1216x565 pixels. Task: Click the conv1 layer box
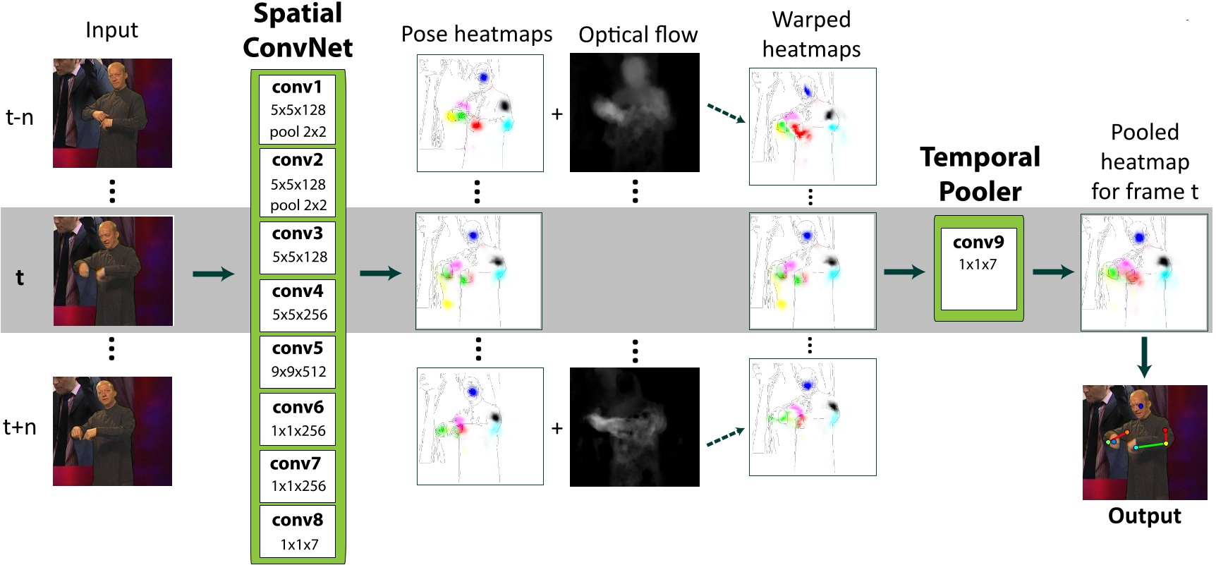(298, 109)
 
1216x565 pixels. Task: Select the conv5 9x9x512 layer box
(298, 360)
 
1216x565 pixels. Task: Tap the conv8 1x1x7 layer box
(298, 532)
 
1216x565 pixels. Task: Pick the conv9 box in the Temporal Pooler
(978, 268)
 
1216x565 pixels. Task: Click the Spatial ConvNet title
(298, 31)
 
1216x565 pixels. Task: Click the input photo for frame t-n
(112, 113)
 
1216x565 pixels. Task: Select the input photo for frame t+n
(112, 431)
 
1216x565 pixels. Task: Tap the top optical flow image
(634, 112)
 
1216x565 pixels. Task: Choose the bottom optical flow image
(634, 427)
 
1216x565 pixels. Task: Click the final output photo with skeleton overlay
(1144, 442)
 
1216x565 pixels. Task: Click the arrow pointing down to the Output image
(1144, 357)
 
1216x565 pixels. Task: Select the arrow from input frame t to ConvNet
(213, 274)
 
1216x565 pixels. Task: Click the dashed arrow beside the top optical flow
(726, 114)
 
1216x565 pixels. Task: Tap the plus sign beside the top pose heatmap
(557, 114)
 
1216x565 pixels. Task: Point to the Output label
(1144, 516)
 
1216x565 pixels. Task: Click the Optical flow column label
(638, 35)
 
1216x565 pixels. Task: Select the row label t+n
(20, 427)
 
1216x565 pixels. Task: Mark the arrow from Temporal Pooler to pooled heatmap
(1052, 272)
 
